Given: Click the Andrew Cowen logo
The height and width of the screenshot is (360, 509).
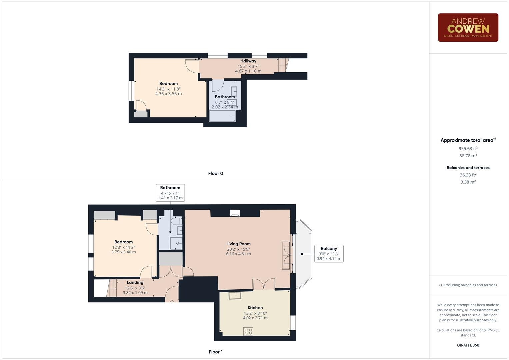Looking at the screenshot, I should pos(468,27).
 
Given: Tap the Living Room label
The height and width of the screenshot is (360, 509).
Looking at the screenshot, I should pos(238,244).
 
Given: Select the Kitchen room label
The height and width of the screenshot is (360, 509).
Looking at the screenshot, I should pos(255,308).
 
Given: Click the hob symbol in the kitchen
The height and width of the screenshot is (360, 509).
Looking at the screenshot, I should pos(248,331).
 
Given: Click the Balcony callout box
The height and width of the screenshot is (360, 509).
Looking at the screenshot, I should pos(329,254).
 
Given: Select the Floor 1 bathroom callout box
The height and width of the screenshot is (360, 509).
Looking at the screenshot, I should pos(170,193).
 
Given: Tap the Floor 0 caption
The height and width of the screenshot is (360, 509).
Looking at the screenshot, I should pos(215,173).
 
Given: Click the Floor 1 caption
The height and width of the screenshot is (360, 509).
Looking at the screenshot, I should pos(215,352).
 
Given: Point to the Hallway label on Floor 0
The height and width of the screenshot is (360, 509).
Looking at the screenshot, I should pos(248,61).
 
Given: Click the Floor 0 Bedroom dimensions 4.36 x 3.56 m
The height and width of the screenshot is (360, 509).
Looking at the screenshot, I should pos(168,94).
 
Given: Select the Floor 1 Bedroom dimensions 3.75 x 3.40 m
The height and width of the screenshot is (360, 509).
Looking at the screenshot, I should pos(123,252).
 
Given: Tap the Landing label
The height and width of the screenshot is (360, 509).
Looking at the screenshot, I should pos(135,282).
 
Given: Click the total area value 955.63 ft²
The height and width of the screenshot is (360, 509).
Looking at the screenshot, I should pos(468,149).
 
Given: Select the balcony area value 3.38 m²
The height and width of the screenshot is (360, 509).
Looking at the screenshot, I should pos(468,182).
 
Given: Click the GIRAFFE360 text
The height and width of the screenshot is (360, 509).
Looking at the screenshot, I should pos(468,345).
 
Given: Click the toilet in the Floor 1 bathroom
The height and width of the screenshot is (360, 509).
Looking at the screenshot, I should pos(176,221).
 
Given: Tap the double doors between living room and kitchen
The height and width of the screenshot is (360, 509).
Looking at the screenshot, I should pos(263,284).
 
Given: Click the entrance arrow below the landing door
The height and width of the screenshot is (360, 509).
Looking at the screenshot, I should pos(172,301).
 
